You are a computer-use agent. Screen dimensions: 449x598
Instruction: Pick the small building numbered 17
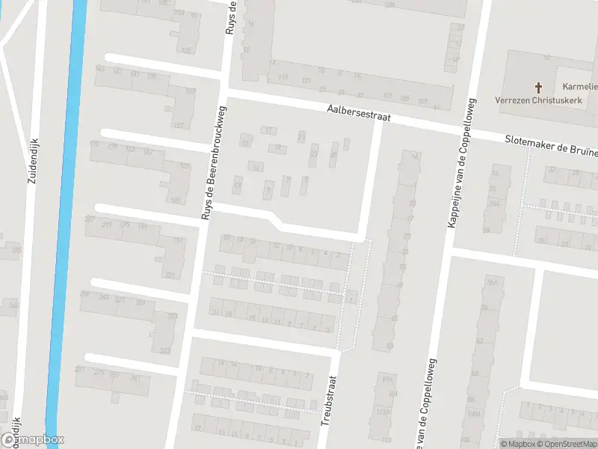click(x=269, y=129)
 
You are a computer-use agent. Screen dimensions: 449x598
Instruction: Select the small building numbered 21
click(x=301, y=137)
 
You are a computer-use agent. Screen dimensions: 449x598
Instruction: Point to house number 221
click(x=170, y=275)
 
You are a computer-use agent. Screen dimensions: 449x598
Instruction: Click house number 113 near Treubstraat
click(x=386, y=440)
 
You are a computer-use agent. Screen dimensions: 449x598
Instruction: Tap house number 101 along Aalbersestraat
click(x=386, y=97)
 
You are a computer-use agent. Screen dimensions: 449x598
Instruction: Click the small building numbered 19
click(x=277, y=147)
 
